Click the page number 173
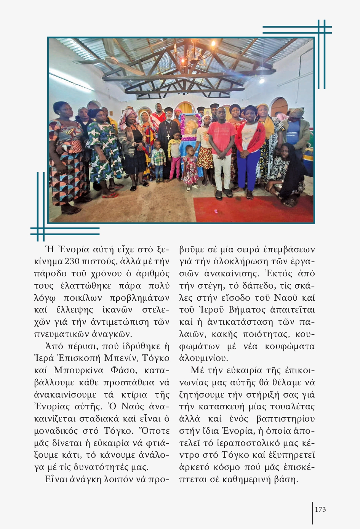point(320,510)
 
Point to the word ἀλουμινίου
point(203,359)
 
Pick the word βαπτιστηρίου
point(286,419)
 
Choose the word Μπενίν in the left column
point(121,358)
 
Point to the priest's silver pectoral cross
point(168,136)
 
